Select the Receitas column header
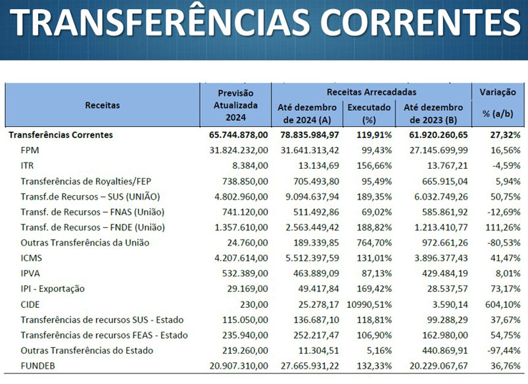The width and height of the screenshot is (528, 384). pos(102,105)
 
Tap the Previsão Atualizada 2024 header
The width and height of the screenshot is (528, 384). pos(235,105)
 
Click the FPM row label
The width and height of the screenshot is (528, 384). pos(30,150)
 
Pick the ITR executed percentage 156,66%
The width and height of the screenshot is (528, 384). pos(374,165)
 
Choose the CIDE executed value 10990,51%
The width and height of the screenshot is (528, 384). pos(369,305)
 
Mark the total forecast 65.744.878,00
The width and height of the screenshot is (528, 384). pos(234,135)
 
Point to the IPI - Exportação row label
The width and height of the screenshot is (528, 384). pos(53,289)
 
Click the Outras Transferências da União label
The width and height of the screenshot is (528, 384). pos(85,242)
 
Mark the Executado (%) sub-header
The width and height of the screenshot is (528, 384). pos(369,113)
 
